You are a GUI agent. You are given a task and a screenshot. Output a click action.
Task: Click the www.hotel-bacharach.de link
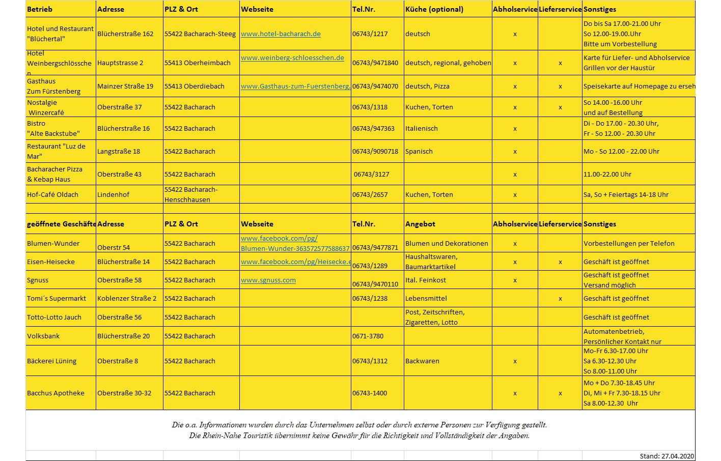281,34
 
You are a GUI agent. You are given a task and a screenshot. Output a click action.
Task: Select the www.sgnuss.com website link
268,280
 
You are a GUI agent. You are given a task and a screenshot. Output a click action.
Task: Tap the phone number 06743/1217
370,34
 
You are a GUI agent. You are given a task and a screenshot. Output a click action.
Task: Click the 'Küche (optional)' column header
434,9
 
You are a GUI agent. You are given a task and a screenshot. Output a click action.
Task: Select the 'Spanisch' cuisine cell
419,152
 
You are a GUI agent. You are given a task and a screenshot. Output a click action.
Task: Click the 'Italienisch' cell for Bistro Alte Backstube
421,129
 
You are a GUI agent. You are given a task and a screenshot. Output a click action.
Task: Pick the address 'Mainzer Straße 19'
125,87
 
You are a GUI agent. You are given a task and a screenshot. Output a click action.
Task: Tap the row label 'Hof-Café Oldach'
52,195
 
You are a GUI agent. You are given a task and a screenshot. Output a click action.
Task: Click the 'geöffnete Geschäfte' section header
61,224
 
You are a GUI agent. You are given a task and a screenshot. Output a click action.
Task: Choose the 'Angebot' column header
420,224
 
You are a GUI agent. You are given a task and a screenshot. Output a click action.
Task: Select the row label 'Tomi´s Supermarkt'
56,299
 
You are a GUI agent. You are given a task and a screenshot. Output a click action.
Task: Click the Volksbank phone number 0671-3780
368,336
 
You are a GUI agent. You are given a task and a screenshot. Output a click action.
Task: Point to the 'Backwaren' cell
422,361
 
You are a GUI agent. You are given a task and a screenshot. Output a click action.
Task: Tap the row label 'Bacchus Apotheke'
56,393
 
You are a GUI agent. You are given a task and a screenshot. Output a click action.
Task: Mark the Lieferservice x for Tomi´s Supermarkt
560,299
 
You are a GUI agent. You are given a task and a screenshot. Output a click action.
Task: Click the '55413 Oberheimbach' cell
197,63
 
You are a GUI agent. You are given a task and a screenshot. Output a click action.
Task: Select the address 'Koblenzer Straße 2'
127,299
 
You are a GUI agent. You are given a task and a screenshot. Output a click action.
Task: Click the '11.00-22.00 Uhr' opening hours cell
607,175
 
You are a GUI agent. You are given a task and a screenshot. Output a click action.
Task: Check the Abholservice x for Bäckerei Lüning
515,361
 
